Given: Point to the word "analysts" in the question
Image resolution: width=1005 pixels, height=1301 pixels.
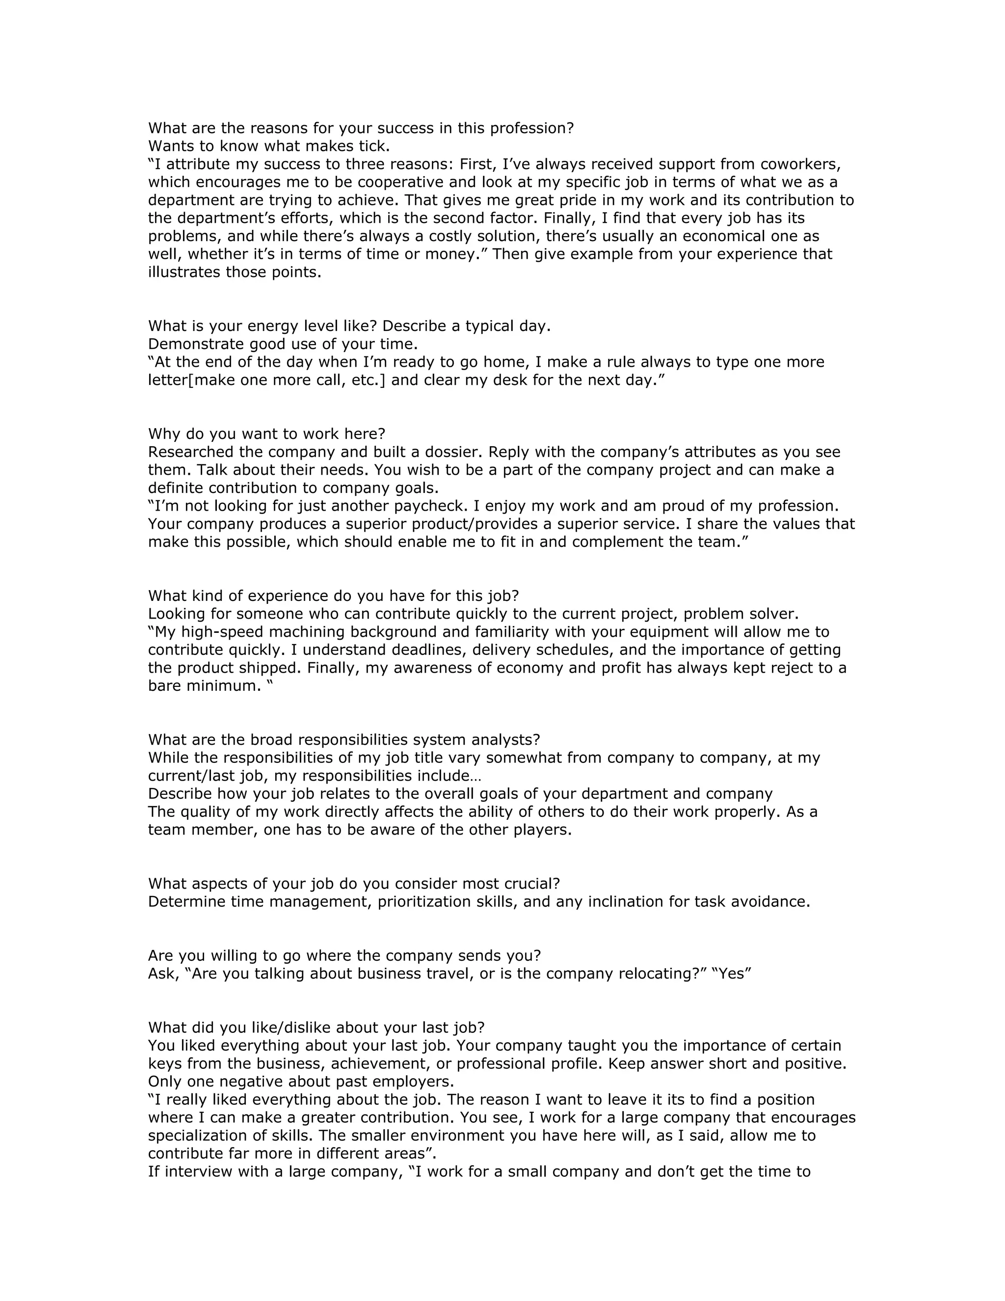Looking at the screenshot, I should (505, 740).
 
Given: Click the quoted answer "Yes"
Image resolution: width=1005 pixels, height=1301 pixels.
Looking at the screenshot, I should (732, 974).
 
